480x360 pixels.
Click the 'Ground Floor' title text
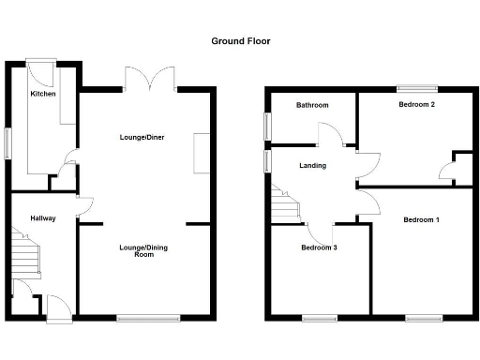pyautogui.click(x=240, y=41)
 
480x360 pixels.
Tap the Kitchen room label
pyautogui.click(x=42, y=95)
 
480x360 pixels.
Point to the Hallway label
pyautogui.click(x=43, y=218)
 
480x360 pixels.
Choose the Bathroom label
pyautogui.click(x=312, y=105)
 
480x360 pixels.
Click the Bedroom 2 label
pyautogui.click(x=416, y=105)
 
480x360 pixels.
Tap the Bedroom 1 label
pyautogui.click(x=421, y=219)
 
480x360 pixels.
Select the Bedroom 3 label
pyautogui.click(x=319, y=248)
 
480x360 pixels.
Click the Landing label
pyautogui.click(x=312, y=166)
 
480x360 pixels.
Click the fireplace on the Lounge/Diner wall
pyautogui.click(x=202, y=153)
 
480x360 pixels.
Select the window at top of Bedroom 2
pyautogui.click(x=417, y=89)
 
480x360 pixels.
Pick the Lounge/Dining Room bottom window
pyautogui.click(x=147, y=319)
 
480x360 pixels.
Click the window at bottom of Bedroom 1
pyautogui.click(x=425, y=319)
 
